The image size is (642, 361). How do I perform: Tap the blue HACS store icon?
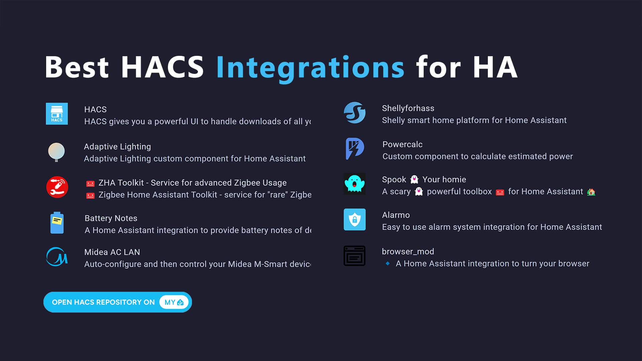(x=57, y=114)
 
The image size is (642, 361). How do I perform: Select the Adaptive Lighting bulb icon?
(x=56, y=152)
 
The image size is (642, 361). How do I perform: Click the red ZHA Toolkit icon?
(x=57, y=187)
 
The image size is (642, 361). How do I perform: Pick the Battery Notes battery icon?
(x=57, y=223)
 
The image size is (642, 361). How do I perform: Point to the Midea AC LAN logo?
(x=57, y=257)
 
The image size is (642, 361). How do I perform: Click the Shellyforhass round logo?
(x=354, y=113)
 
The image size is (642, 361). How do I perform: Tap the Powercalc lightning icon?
(x=354, y=148)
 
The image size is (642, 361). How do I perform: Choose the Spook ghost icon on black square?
(x=354, y=184)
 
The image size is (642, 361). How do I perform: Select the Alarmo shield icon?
(x=354, y=220)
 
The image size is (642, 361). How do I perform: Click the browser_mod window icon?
(x=354, y=256)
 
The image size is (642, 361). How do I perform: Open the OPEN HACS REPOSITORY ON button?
(x=104, y=302)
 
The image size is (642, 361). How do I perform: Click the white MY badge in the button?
(x=174, y=302)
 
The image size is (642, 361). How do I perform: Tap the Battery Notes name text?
(x=111, y=218)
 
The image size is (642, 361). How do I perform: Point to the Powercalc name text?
(x=402, y=144)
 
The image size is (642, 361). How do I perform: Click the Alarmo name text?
(x=396, y=215)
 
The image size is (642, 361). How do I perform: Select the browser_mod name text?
(x=408, y=251)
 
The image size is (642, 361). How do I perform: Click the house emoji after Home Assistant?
(x=591, y=192)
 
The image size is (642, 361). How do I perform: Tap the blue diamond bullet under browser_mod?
(x=388, y=263)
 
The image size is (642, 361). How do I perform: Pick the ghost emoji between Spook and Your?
(x=414, y=179)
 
